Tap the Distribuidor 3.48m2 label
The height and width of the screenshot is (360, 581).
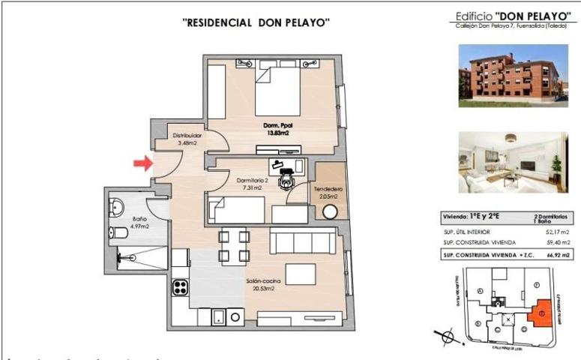coord(184,139)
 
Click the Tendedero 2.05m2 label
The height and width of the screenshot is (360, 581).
coord(329,191)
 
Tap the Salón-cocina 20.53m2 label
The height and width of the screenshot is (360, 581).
coord(264,285)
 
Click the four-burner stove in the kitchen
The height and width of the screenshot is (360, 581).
coord(181,286)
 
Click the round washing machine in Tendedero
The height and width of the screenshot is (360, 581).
coord(330,212)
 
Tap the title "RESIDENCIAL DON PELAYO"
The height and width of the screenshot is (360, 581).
coord(257,22)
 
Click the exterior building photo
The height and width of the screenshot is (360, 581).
coord(510,73)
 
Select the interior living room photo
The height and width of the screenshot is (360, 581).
coord(510,162)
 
